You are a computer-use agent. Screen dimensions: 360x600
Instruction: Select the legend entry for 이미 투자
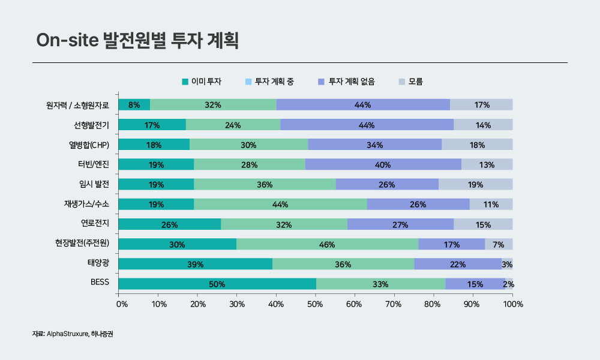(x=202, y=81)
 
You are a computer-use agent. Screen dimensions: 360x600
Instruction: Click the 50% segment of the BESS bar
(x=217, y=284)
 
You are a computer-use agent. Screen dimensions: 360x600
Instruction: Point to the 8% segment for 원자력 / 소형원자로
(x=134, y=105)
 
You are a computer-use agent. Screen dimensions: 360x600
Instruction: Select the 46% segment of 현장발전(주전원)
(x=327, y=244)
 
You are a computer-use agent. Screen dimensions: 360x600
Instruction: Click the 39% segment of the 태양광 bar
(x=196, y=264)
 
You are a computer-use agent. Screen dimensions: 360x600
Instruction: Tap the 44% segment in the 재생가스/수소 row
(x=280, y=205)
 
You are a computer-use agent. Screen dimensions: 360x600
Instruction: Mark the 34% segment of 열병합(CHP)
(x=374, y=145)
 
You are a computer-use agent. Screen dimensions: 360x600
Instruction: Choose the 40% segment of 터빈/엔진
(x=383, y=164)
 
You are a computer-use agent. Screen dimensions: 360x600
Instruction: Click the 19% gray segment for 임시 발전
(x=475, y=185)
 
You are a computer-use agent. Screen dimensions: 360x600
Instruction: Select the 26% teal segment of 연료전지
(x=170, y=224)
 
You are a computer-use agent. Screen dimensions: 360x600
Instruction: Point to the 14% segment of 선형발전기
(x=483, y=125)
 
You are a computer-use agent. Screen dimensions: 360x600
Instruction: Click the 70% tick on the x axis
(x=394, y=304)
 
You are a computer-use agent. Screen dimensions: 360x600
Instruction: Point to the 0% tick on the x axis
(x=121, y=304)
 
